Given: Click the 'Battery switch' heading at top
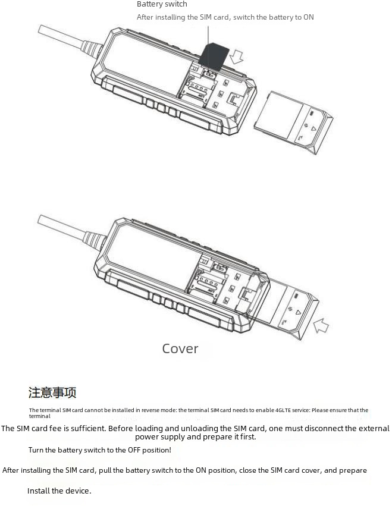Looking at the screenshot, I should (x=162, y=5).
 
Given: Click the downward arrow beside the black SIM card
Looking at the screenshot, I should (x=237, y=56).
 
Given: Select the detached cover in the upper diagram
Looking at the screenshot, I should (x=294, y=122).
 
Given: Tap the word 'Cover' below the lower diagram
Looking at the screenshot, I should (x=180, y=348).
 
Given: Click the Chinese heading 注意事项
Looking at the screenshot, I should (x=52, y=392).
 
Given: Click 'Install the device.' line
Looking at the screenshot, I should (x=59, y=491).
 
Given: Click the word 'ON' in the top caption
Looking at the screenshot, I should (x=308, y=17).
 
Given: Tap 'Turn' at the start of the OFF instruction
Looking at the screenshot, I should (x=37, y=450).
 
